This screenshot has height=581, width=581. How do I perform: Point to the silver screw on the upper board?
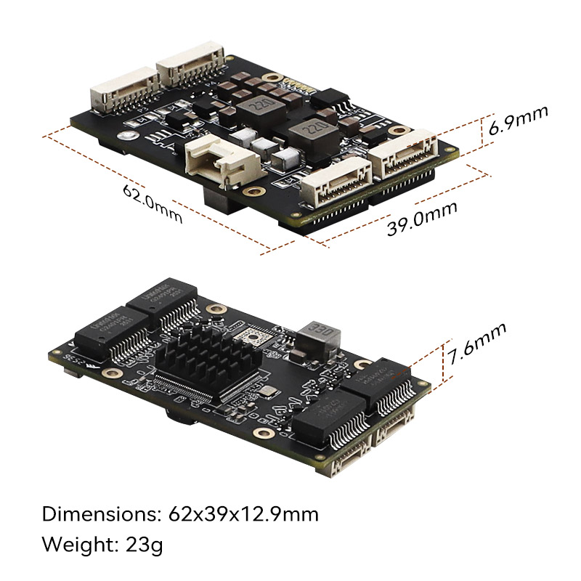129,137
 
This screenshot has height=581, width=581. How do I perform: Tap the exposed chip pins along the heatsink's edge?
189,392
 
